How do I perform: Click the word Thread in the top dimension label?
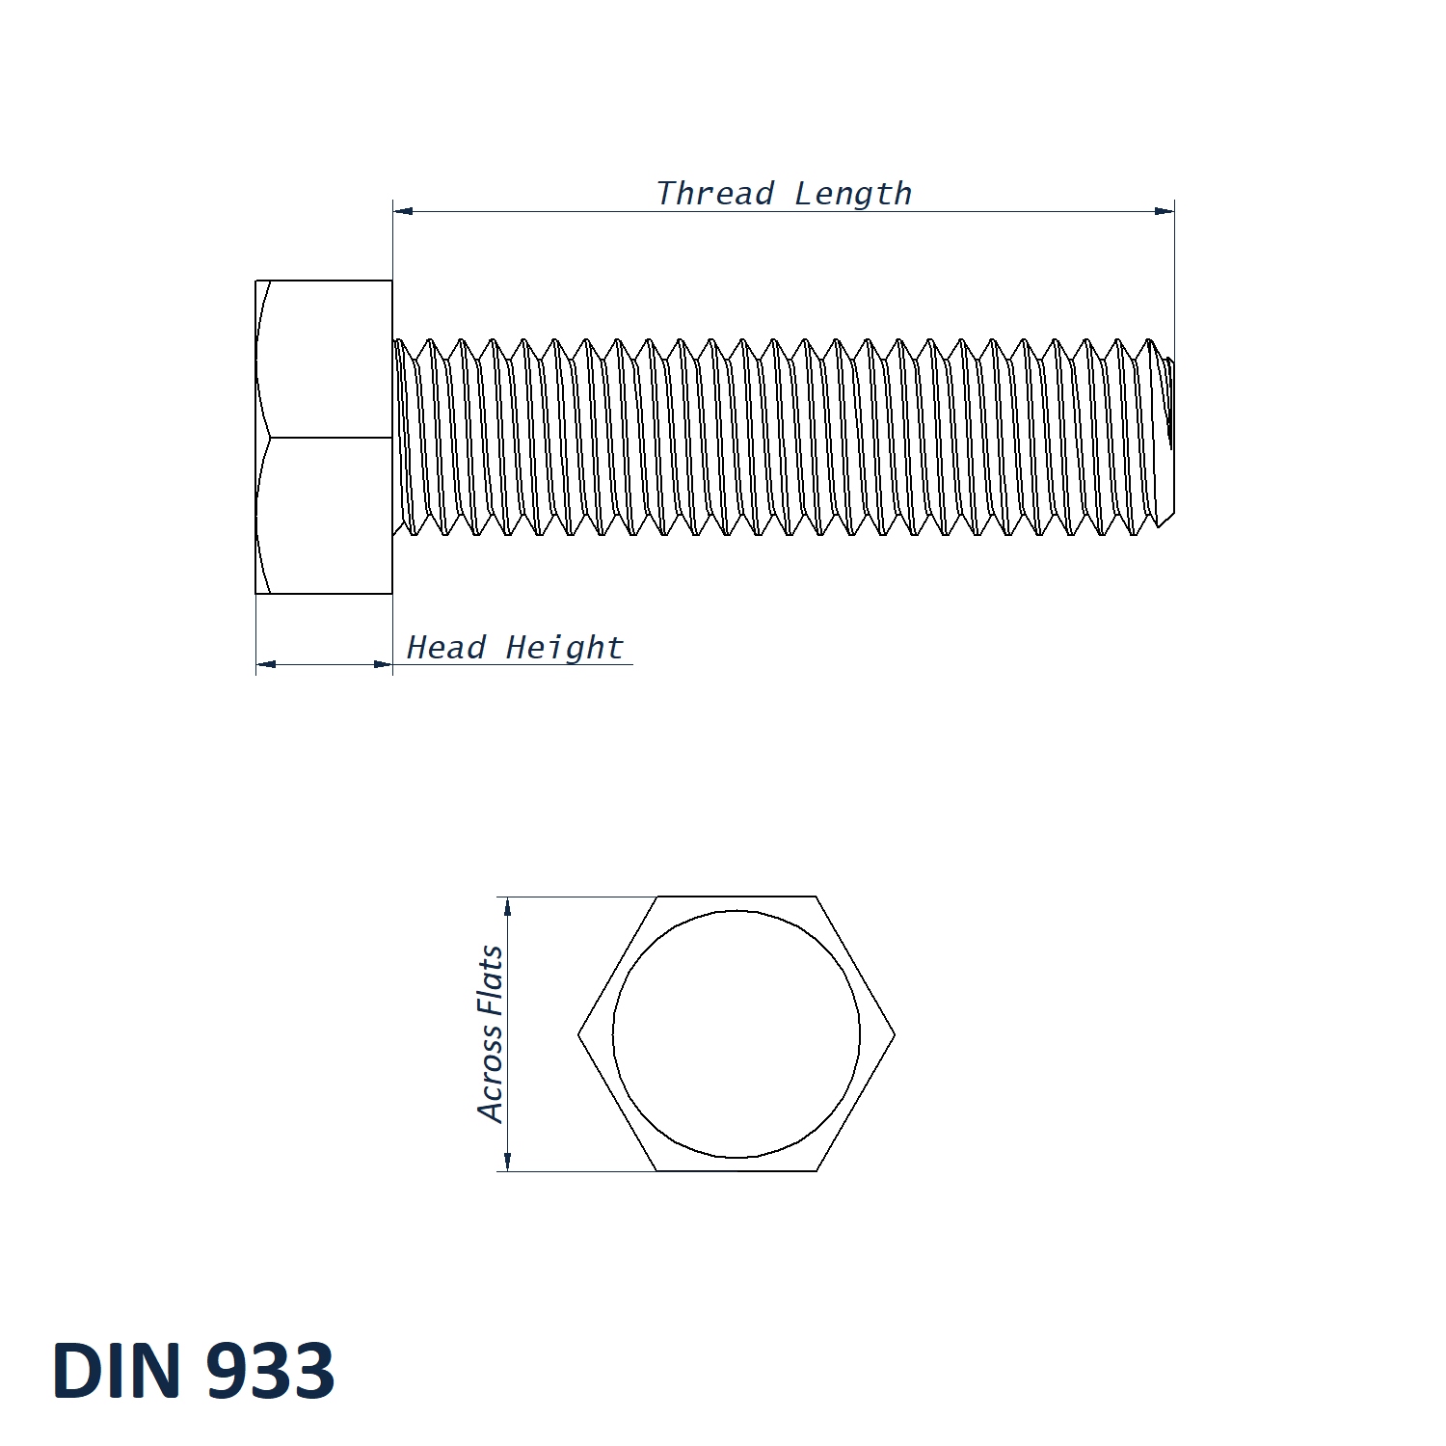[714, 194]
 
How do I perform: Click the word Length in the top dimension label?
[853, 194]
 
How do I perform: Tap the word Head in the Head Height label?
[445, 647]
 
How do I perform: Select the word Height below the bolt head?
[565, 648]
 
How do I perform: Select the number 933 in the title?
[270, 1370]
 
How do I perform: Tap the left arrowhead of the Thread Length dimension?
[403, 210]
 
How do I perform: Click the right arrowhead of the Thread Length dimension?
[1165, 210]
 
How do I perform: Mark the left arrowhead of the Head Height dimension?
[266, 664]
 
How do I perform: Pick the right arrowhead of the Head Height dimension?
[383, 664]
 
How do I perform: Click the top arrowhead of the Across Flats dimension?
[508, 907]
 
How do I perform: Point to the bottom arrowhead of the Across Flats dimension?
[508, 1161]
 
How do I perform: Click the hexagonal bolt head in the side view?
[324, 437]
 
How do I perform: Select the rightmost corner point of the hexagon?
[895, 1034]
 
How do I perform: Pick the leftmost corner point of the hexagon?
[578, 1034]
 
